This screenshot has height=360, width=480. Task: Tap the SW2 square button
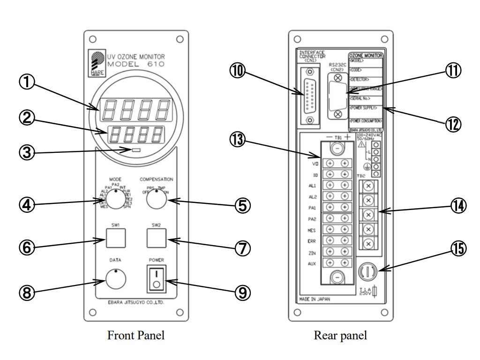156,239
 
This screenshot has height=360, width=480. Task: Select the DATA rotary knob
116,280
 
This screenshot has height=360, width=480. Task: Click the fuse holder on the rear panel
368,271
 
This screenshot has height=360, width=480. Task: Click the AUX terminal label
313,264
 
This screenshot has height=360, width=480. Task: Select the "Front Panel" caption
136,336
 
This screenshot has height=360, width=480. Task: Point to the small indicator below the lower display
136,150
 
